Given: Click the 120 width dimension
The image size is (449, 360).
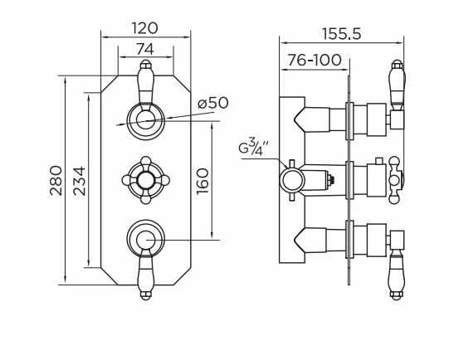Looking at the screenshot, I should [146, 27].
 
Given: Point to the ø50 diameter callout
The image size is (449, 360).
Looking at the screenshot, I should [212, 104].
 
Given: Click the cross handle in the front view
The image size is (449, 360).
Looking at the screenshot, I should [146, 178].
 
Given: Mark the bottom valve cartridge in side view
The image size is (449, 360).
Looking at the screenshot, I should [365, 240].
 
